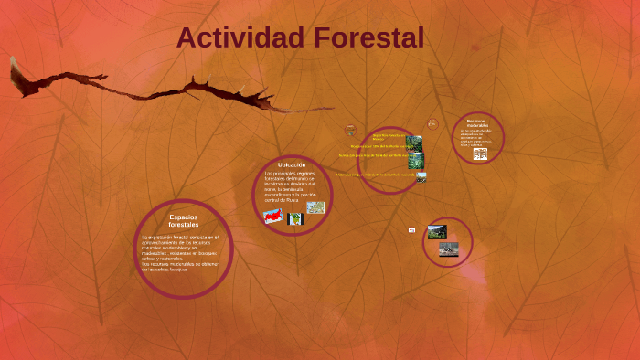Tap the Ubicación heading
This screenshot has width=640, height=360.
(x=292, y=164)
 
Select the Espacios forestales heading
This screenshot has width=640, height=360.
(x=183, y=220)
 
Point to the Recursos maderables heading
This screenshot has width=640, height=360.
(x=476, y=122)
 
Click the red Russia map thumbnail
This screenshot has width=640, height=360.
(x=272, y=217)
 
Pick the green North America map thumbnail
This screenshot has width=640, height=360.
(x=294, y=219)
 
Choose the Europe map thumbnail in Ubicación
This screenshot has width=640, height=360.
(x=315, y=207)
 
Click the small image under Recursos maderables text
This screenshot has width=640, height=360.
(x=479, y=154)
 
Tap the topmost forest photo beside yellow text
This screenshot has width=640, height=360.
(x=415, y=143)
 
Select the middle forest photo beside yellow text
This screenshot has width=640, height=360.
(x=416, y=161)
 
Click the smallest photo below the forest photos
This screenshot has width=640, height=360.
(x=421, y=177)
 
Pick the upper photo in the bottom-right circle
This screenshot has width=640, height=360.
(x=437, y=232)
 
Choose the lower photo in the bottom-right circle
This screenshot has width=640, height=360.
(x=448, y=249)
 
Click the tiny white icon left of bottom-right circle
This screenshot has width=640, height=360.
(x=411, y=230)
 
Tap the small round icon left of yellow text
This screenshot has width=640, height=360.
(x=350, y=131)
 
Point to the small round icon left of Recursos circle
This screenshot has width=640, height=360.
(x=432, y=123)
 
